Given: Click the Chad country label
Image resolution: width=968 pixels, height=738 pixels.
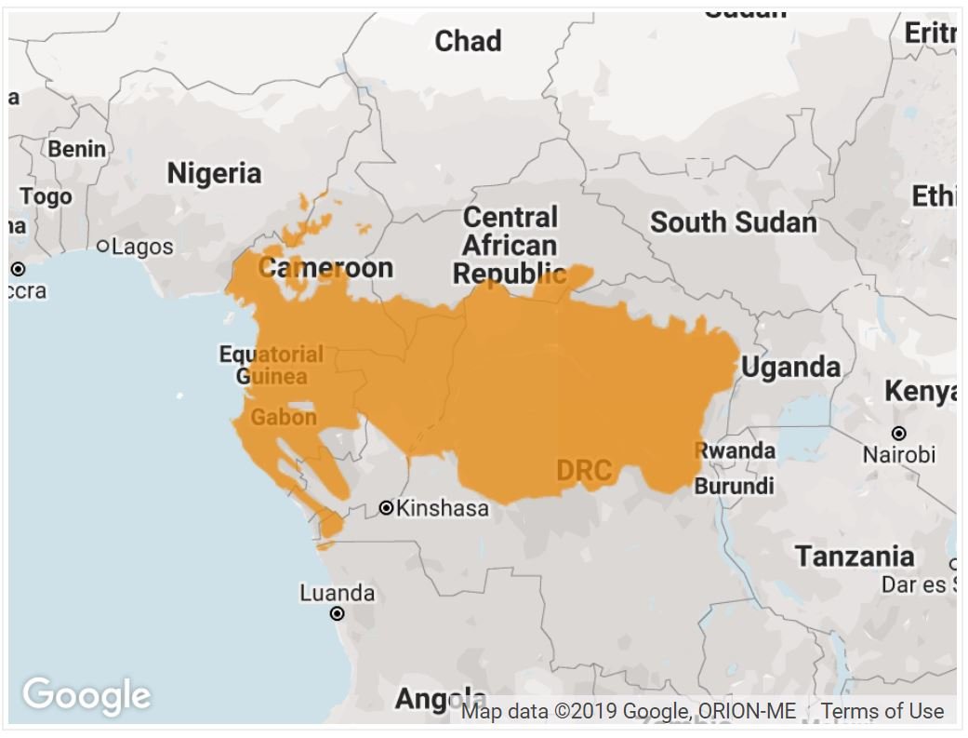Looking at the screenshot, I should click(468, 41).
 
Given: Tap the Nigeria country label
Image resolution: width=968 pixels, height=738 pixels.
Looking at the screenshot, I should click(214, 173).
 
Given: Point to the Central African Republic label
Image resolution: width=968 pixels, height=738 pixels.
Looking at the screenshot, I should click(510, 246).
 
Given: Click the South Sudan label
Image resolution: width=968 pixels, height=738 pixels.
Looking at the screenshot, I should click(733, 222).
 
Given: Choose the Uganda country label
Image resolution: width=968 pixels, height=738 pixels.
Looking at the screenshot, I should click(790, 368).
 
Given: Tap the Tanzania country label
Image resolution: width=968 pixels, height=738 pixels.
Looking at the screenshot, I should click(854, 557).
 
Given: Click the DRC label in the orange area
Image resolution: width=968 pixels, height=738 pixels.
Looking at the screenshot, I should click(584, 471).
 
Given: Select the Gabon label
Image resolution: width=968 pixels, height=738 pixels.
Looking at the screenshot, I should click(284, 417).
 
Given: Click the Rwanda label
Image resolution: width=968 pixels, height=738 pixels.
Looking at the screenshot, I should click(736, 450).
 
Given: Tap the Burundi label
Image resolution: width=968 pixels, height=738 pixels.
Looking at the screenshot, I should click(734, 486).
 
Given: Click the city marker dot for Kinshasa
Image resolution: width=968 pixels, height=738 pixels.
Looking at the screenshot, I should click(387, 508).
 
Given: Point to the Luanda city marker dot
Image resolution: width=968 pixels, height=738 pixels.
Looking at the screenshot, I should click(338, 613).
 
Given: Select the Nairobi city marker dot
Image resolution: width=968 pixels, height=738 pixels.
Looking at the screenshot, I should click(898, 434).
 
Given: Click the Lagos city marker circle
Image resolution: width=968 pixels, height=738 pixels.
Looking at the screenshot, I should click(103, 247).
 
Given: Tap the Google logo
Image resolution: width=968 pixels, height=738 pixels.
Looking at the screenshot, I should click(86, 695).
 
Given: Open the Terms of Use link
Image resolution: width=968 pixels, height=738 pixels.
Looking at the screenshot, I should click(882, 711).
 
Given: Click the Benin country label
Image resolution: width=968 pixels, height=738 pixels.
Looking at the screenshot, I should click(76, 148).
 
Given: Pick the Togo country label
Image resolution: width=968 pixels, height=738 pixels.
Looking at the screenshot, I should click(46, 196).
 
